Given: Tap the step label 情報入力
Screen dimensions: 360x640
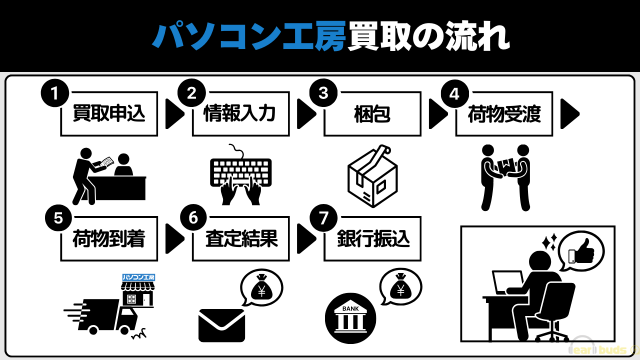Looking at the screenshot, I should pos(240,114).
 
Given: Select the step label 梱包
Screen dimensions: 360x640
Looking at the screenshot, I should pos(371,114).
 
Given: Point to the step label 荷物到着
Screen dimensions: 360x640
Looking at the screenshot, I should pos(108,239).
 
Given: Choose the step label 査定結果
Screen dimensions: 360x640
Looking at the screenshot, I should pos(241,239).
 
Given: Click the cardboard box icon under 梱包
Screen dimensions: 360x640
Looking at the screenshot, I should pos(372,176).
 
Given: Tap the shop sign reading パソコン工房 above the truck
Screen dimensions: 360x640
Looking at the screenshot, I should pos(138,277).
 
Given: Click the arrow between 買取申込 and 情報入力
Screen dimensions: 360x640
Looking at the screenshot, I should pos(174,114).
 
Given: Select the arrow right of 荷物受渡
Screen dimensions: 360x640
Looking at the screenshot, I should pos(570,114).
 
